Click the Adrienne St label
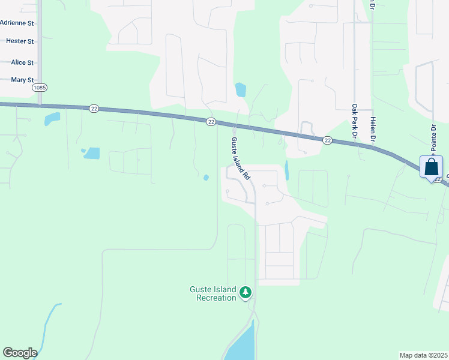17,23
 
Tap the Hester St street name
20,41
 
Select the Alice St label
22,62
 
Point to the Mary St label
22,80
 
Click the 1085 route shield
40,88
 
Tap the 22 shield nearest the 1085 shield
93,109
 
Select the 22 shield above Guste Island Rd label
211,121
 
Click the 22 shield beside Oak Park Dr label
327,140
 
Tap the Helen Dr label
373,128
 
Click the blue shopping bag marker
431,167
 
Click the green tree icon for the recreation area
245,293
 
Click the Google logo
20,353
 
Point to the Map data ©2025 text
423,355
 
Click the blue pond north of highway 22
241,90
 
